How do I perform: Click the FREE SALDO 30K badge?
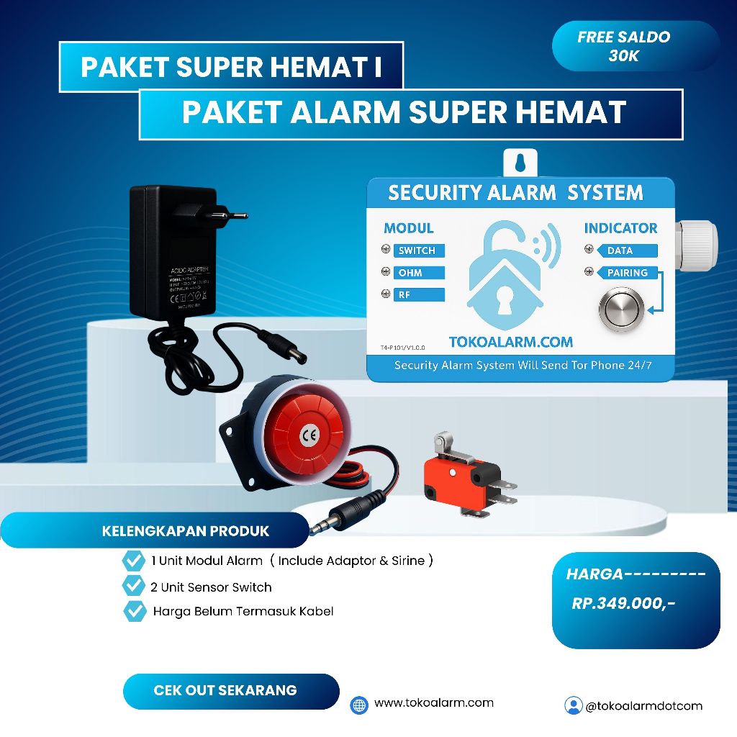(x=623, y=46)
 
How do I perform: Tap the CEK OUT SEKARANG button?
(x=225, y=690)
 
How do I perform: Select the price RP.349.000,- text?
(x=623, y=604)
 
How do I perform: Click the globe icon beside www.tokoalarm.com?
(x=359, y=705)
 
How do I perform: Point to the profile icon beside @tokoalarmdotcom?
(x=573, y=705)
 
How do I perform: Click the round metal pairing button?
(x=618, y=308)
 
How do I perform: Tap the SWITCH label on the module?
(x=417, y=250)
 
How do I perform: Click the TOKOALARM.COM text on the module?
(x=510, y=342)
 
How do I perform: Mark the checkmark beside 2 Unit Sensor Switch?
(x=134, y=585)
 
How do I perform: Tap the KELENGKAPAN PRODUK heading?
(x=186, y=531)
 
